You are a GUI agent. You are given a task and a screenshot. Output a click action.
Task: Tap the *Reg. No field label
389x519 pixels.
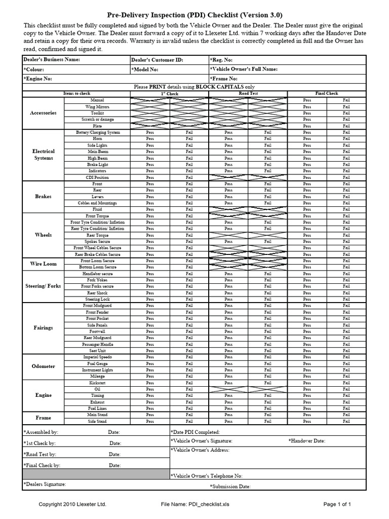pyautogui.click(x=221, y=60)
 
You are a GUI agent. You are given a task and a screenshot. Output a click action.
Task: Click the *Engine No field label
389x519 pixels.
pyautogui.click(x=37, y=79)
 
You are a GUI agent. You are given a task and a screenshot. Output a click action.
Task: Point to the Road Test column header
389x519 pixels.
pyautogui.click(x=248, y=94)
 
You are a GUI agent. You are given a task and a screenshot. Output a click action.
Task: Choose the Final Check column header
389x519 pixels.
pyautogui.click(x=326, y=94)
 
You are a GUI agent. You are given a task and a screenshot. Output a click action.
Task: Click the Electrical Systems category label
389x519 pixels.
pyautogui.click(x=44, y=155)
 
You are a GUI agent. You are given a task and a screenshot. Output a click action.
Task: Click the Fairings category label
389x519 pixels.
pyautogui.click(x=44, y=328)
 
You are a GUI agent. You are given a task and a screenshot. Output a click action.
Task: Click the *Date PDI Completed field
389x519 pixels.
pyautogui.click(x=196, y=432)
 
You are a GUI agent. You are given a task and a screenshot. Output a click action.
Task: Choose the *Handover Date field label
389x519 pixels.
pyautogui.click(x=307, y=441)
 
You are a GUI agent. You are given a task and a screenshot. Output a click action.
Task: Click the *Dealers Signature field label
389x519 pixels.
pyautogui.click(x=45, y=485)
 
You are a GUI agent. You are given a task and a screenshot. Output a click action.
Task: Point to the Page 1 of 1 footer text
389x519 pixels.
pyautogui.click(x=337, y=504)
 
